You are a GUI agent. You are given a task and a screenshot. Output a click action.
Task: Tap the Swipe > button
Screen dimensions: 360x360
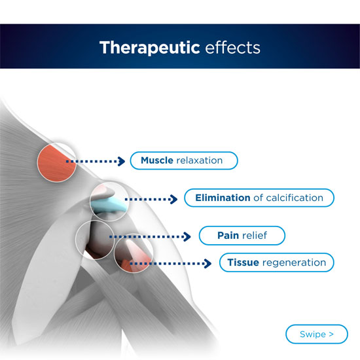[x=317, y=334]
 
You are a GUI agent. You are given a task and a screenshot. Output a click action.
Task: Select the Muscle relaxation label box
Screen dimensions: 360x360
[x=183, y=160]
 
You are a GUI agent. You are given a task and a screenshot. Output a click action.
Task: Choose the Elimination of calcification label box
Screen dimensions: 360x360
[x=259, y=198]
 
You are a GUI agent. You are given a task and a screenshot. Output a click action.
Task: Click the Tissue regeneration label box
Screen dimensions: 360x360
[x=276, y=263]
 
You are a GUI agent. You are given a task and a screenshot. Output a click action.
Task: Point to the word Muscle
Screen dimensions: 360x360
[x=157, y=160]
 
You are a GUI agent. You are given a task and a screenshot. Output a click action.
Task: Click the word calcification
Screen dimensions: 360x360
[x=293, y=198]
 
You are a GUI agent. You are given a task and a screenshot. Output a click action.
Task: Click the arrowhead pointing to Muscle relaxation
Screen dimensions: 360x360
[x=122, y=160]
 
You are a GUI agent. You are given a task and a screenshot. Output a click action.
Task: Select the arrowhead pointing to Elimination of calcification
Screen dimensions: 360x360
[x=173, y=198]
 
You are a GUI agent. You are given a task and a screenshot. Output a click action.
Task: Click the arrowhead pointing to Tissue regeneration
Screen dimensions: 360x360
[x=208, y=264]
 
